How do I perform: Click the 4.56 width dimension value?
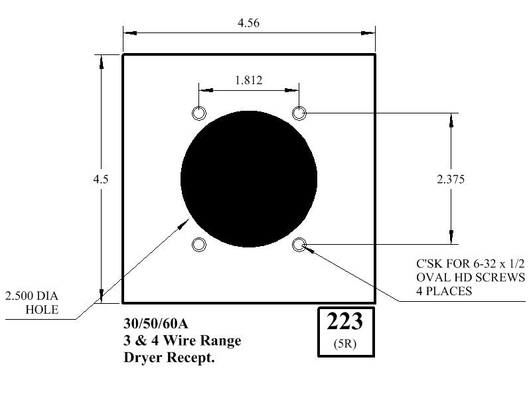(x=248, y=23)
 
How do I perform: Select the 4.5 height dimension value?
(x=101, y=179)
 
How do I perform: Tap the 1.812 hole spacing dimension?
(x=248, y=80)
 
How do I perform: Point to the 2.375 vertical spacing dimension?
(x=451, y=179)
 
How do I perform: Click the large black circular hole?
(x=249, y=179)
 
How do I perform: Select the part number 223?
(x=344, y=321)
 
